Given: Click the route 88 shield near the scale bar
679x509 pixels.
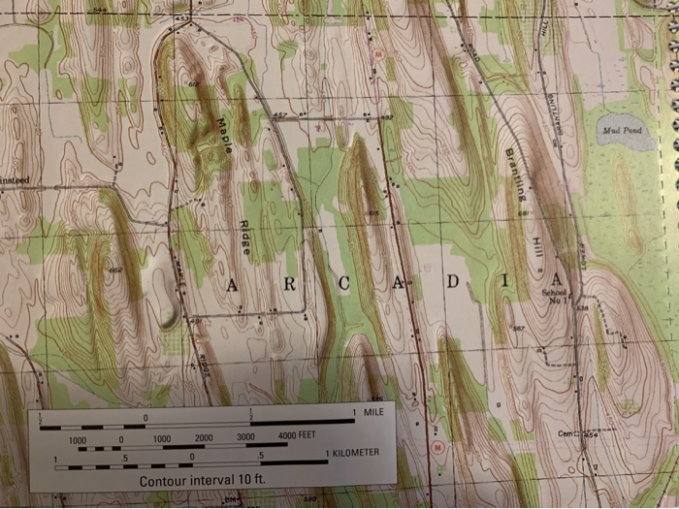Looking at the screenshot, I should pyautogui.click(x=439, y=448).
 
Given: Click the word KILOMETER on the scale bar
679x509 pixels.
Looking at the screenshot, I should pyautogui.click(x=353, y=454).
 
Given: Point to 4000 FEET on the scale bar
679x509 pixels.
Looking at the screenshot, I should pyautogui.click(x=298, y=438).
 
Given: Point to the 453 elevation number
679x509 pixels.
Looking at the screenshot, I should pyautogui.click(x=181, y=18).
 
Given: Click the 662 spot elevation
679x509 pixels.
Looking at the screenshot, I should pyautogui.click(x=116, y=270).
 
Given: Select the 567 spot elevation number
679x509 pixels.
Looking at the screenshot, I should pyautogui.click(x=519, y=329).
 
